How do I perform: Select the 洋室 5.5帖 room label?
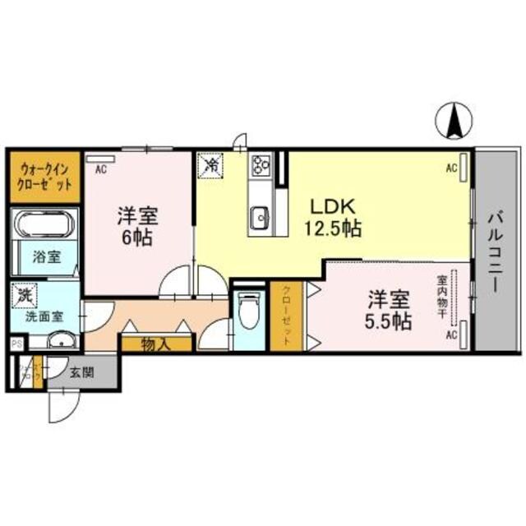[389, 311]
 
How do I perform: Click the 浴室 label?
[45, 257]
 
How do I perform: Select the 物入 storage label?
[155, 344]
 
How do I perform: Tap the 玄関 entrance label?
[80, 371]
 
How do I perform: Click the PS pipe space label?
[15, 344]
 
